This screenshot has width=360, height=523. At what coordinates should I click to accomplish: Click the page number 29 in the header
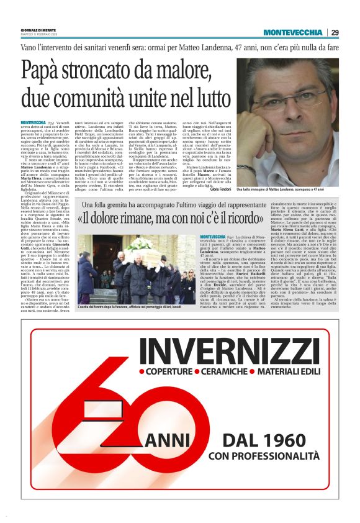click(335, 32)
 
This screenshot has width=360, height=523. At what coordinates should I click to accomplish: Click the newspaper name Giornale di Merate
click(36, 30)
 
